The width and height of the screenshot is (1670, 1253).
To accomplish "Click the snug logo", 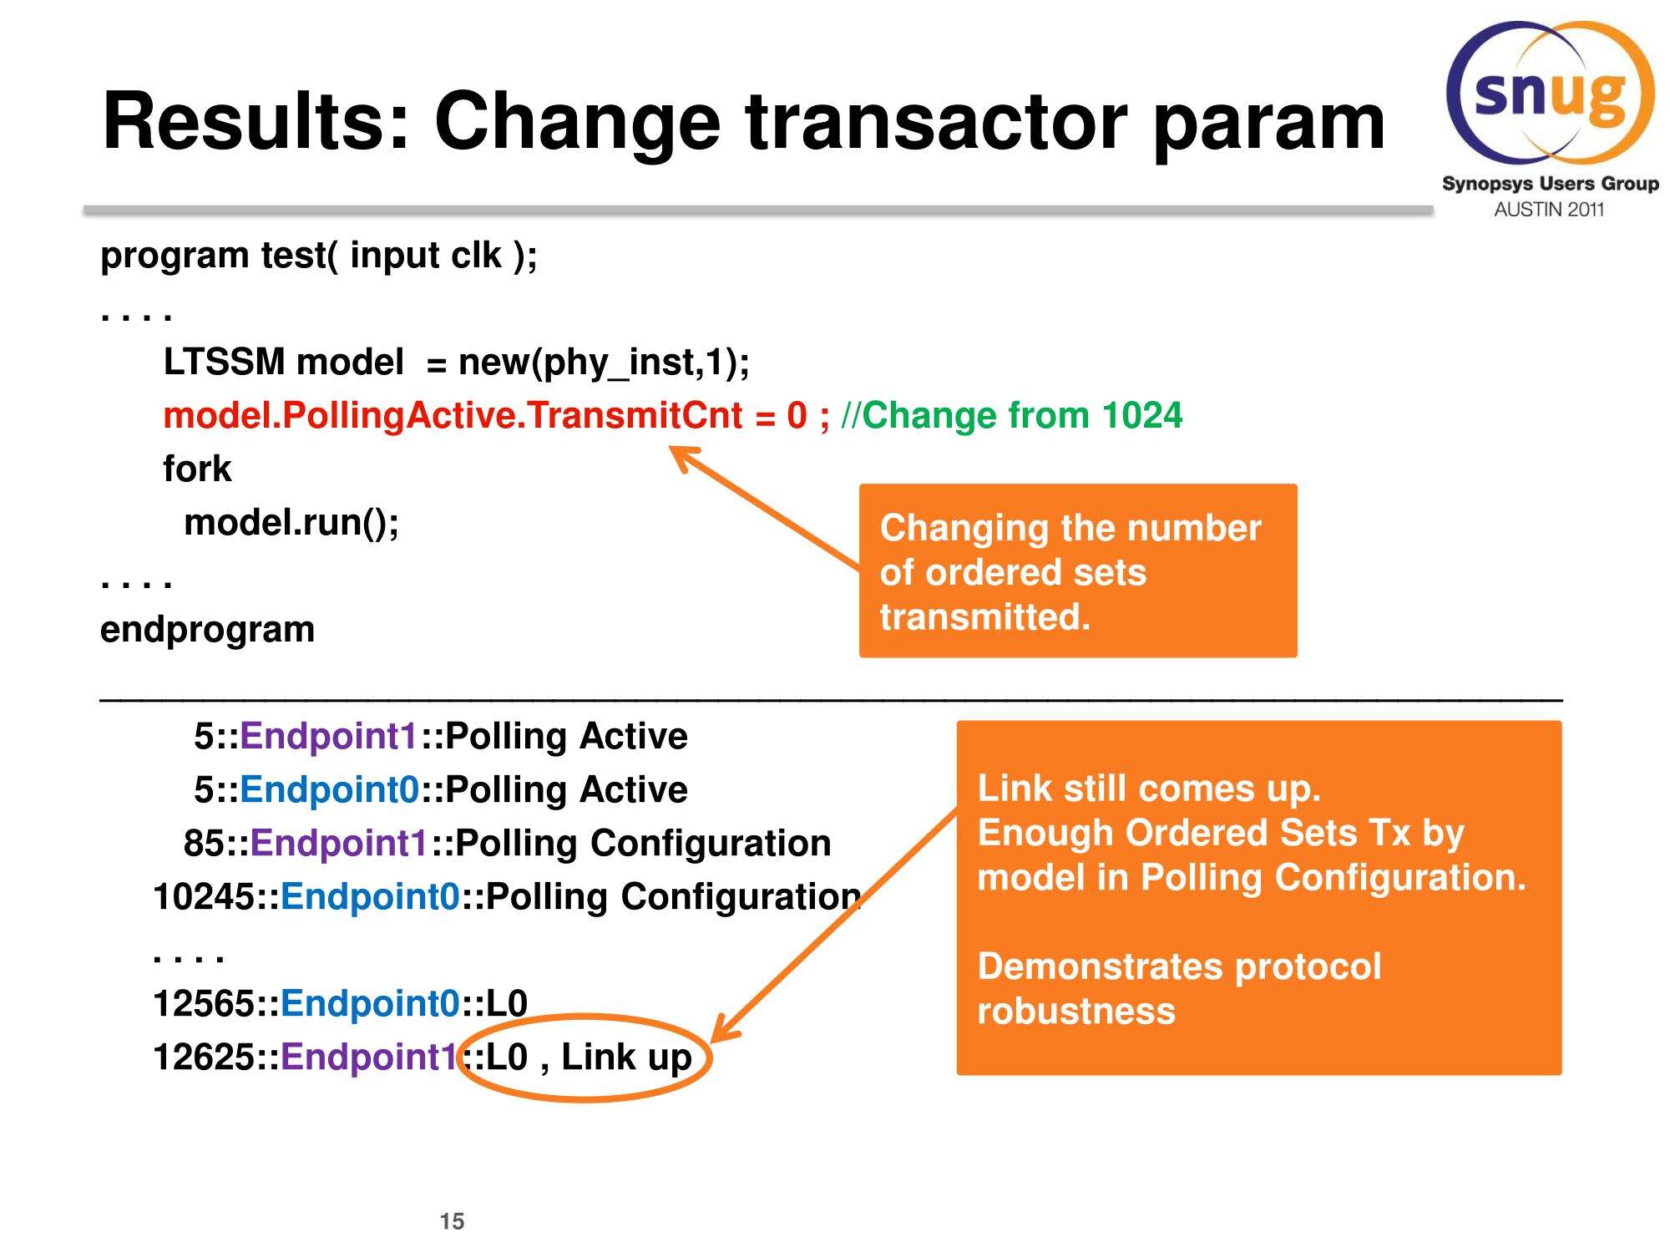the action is point(1551,93).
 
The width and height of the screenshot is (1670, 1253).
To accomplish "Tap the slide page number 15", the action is point(452,1221).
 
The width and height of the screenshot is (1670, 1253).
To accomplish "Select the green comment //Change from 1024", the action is point(1012,415).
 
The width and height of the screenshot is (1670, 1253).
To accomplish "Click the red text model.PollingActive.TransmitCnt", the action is point(453,416).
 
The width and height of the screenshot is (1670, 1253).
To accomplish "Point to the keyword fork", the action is point(197,469).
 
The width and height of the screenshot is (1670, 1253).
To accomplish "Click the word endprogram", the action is point(207,630).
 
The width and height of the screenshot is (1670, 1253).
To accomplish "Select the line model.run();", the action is point(291,523).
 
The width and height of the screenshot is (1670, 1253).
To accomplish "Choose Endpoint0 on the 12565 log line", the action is point(370,1004).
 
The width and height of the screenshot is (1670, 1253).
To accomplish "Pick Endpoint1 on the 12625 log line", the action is point(370,1058).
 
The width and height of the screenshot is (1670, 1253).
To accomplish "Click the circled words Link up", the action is point(626,1058).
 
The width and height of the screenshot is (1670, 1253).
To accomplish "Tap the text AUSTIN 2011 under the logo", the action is point(1549,210).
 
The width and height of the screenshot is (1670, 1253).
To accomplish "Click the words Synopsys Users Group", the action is point(1551,184).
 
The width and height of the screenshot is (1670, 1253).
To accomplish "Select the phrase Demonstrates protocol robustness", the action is point(1179,989).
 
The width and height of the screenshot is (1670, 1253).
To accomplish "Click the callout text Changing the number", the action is point(1070,528).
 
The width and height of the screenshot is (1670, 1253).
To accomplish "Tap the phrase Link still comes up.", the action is point(1149,789).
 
